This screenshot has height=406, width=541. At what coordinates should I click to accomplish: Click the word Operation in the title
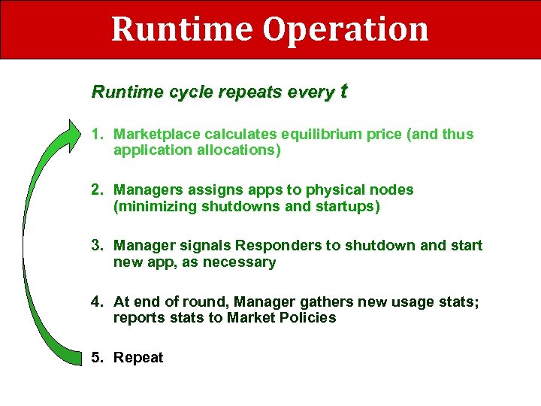(345, 30)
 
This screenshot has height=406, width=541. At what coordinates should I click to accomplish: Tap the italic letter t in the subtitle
(343, 92)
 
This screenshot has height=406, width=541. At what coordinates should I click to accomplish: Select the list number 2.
(97, 189)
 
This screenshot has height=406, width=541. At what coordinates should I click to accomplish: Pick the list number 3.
(97, 245)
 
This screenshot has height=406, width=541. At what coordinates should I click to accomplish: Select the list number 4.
(97, 301)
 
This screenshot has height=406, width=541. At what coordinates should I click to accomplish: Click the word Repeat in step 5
(138, 357)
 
